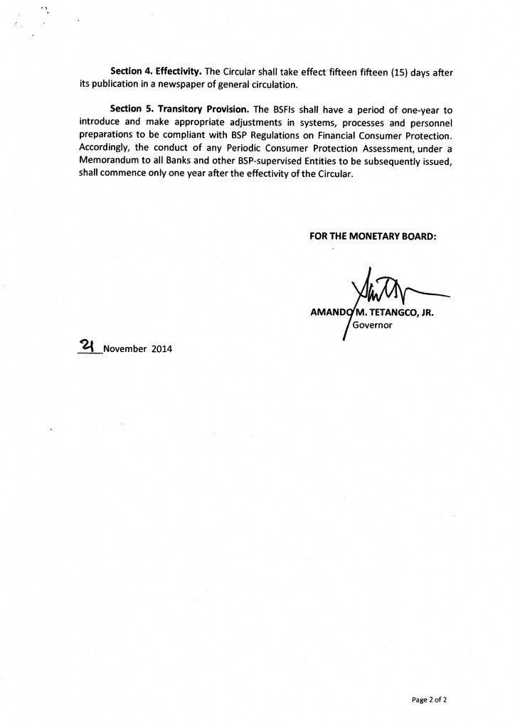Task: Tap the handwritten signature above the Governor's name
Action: tap(384, 287)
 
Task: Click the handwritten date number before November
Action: tap(89, 346)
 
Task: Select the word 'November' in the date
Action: tap(125, 349)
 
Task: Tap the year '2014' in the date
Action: tap(162, 349)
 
